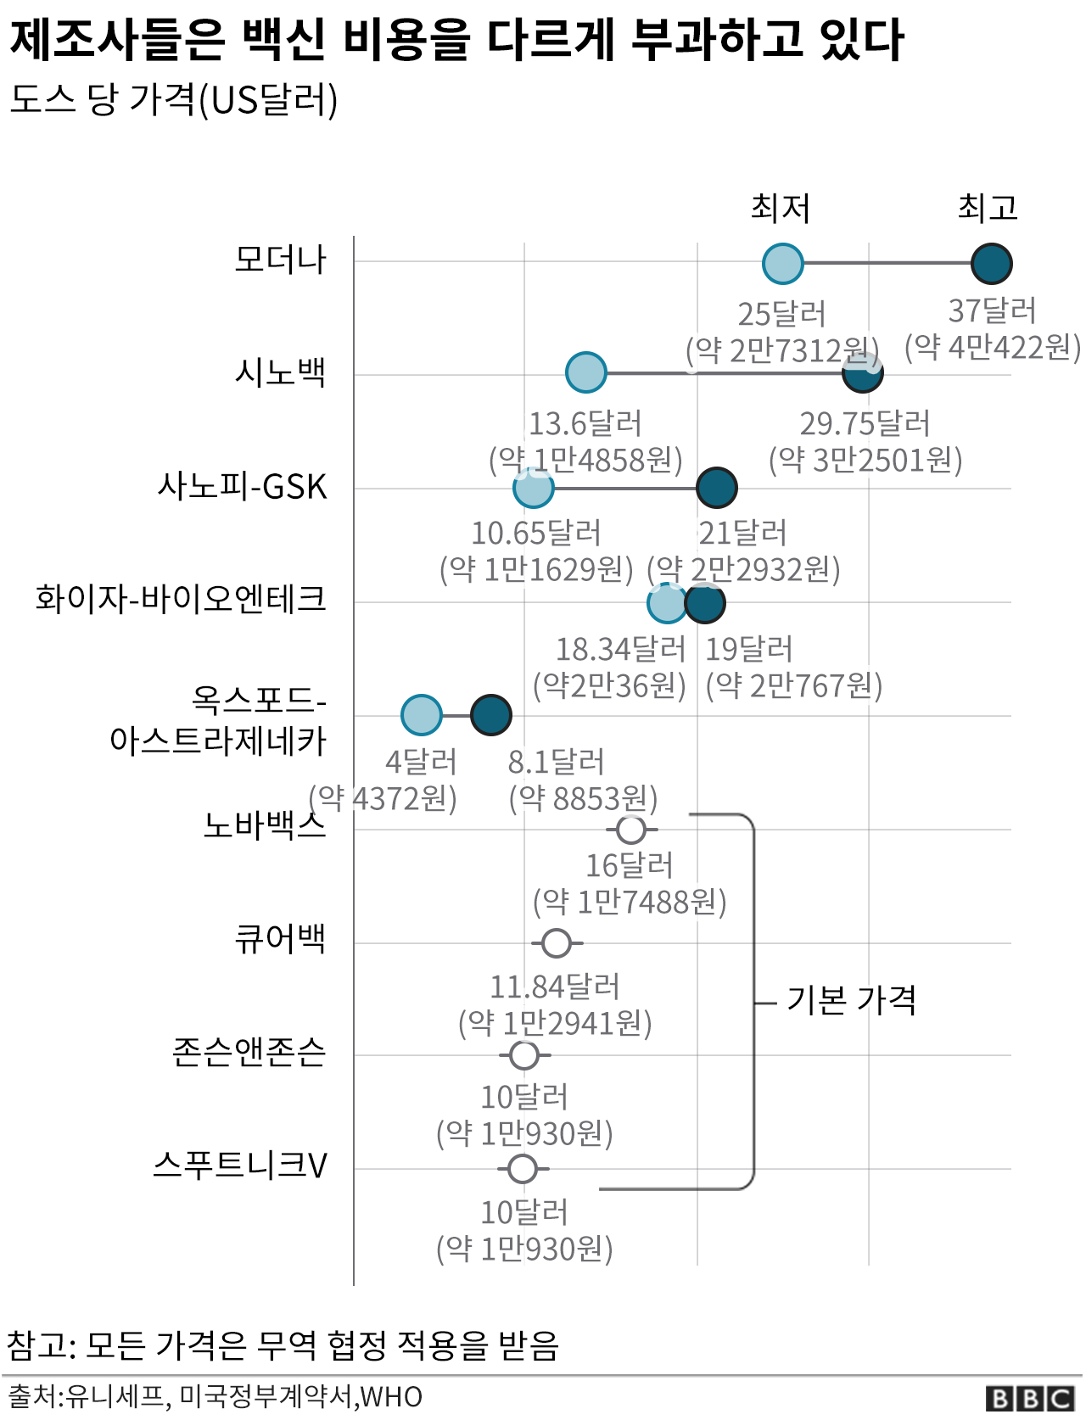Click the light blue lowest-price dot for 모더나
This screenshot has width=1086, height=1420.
[x=782, y=263]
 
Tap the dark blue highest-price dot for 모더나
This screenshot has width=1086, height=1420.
[x=991, y=263]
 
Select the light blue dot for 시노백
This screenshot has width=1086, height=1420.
[x=585, y=372]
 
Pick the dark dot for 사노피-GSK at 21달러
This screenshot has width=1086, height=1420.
[x=716, y=488]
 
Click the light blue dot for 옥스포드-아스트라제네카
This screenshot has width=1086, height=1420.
[x=422, y=714]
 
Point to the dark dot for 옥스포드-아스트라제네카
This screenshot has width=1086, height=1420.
[x=490, y=714]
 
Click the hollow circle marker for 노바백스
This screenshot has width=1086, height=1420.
[x=631, y=829]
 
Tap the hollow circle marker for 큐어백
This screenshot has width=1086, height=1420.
[x=557, y=942]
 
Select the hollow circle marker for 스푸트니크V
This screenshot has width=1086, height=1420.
[x=523, y=1168]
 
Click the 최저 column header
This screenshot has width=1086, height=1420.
[x=781, y=208]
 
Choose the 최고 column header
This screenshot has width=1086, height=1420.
[x=988, y=208]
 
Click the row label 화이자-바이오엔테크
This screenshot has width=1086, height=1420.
[x=181, y=599]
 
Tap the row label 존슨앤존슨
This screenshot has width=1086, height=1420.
[x=249, y=1052]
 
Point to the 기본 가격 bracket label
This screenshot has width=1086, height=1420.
[x=852, y=1001]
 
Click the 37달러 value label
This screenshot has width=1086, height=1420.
[x=992, y=311]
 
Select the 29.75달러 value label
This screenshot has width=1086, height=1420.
[x=865, y=423]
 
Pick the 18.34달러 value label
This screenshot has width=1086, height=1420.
[x=620, y=650]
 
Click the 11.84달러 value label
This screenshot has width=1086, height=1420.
[x=555, y=987]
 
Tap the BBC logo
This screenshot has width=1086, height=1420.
[x=1030, y=1398]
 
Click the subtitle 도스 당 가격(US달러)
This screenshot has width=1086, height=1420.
[x=174, y=100]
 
